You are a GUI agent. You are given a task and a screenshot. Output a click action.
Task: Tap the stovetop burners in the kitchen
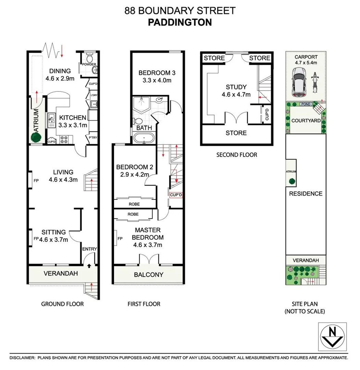tap(64, 139)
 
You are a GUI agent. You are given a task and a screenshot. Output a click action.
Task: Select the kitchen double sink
tap(51, 118)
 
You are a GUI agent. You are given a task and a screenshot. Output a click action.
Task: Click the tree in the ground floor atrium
tap(36, 137)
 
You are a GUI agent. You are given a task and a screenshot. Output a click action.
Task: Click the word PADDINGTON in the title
tap(180, 22)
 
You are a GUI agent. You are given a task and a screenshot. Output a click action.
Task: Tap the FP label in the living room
tap(36, 180)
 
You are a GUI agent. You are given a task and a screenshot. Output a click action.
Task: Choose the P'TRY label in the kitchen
tap(92, 138)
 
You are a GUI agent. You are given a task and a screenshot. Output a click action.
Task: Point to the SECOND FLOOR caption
tap(236, 155)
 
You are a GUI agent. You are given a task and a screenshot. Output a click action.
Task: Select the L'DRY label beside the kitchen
tap(94, 96)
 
